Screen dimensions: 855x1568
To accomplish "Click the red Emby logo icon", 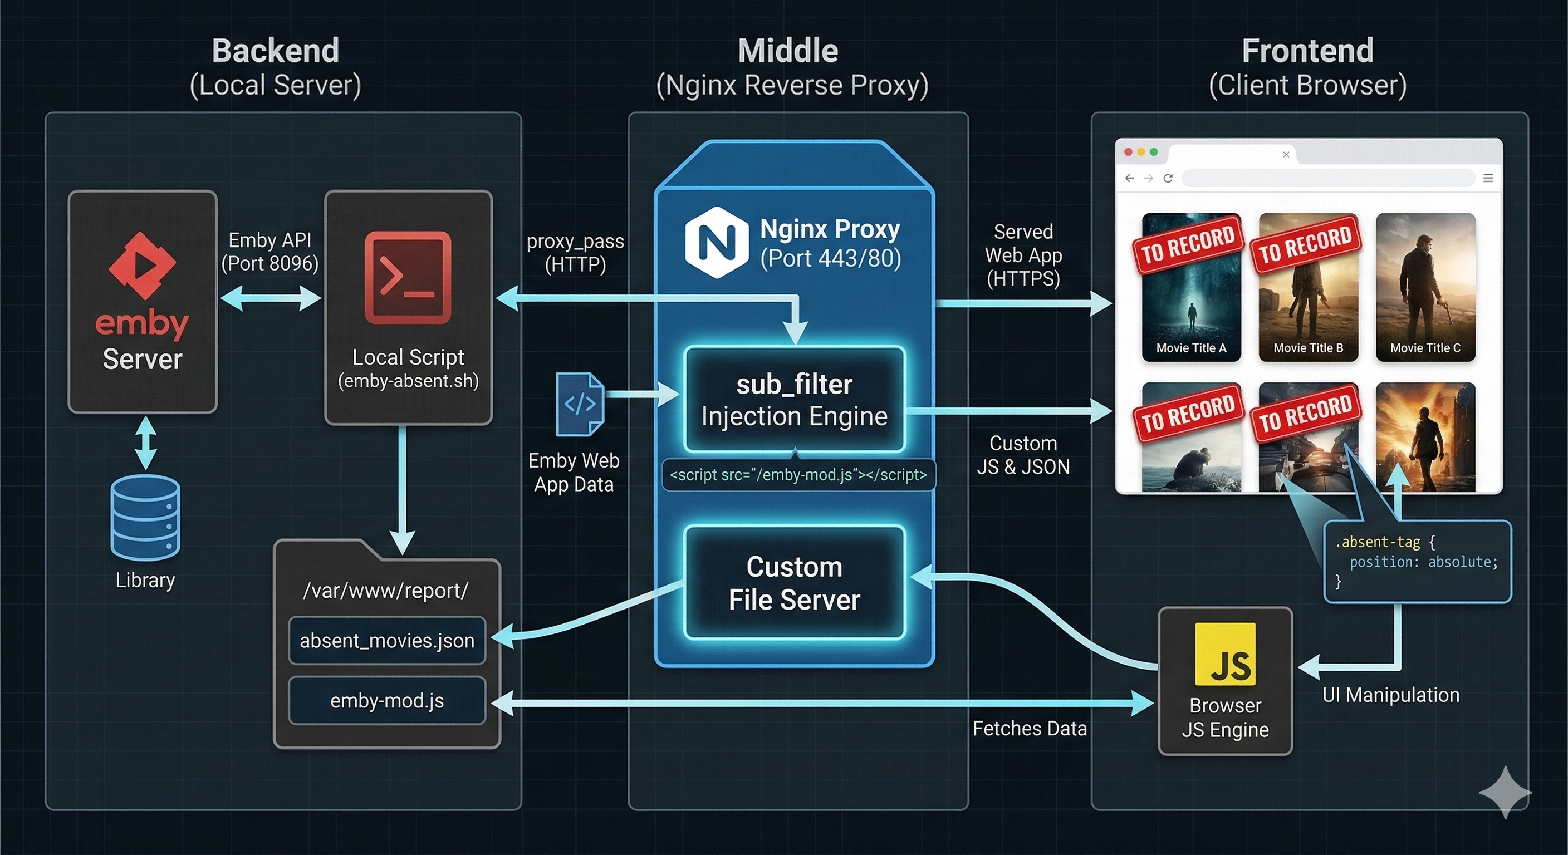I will pyautogui.click(x=142, y=266).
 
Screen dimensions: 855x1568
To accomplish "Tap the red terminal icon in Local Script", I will pyautogui.click(x=408, y=278).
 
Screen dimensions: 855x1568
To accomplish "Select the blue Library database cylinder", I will pyautogui.click(x=145, y=517).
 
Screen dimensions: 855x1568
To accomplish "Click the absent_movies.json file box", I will pyautogui.click(x=387, y=640).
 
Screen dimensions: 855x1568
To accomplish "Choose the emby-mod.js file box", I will pyautogui.click(x=387, y=700).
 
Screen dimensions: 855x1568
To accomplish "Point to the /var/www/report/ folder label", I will pyautogui.click(x=386, y=590).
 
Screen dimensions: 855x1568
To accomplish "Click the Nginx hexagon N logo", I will pyautogui.click(x=717, y=242).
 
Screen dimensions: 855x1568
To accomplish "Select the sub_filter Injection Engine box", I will pyautogui.click(x=795, y=400).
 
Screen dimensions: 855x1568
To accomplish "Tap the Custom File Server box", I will pyautogui.click(x=795, y=582).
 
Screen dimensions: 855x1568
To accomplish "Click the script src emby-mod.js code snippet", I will pyautogui.click(x=798, y=475).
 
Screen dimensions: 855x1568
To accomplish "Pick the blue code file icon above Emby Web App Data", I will pyautogui.click(x=580, y=404).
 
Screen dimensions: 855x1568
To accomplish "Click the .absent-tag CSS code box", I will pyautogui.click(x=1417, y=561).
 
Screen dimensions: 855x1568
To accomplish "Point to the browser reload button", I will pyautogui.click(x=1168, y=178).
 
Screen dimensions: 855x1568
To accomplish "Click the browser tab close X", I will pyautogui.click(x=1286, y=155).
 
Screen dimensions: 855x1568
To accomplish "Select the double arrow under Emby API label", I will pyautogui.click(x=270, y=298).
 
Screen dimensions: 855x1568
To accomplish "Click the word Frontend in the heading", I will pyautogui.click(x=1307, y=51).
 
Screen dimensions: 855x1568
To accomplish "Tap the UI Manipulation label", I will pyautogui.click(x=1391, y=695).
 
